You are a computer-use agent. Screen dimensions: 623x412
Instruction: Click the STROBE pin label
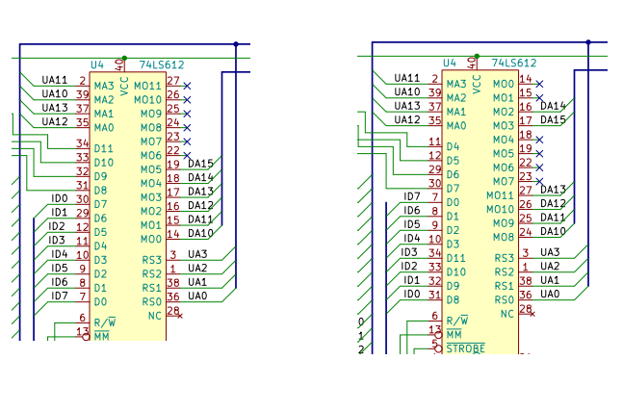(465, 348)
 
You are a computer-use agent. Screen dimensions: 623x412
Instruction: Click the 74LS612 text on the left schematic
(162, 64)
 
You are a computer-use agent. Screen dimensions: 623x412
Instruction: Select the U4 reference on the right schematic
(450, 63)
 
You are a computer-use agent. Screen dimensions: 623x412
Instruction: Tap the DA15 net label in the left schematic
(200, 164)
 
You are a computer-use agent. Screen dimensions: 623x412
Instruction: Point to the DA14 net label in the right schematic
(553, 106)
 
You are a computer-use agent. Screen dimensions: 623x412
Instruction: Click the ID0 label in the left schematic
(60, 198)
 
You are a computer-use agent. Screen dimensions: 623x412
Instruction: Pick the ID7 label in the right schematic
(412, 196)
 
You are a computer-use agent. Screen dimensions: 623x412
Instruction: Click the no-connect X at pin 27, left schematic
(187, 86)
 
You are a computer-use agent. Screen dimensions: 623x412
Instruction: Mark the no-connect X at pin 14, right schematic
(539, 84)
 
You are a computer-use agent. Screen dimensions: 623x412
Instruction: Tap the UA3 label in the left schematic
(197, 254)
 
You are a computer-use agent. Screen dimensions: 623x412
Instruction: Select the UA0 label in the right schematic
(550, 294)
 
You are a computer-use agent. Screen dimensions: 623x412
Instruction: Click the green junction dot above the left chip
(124, 58)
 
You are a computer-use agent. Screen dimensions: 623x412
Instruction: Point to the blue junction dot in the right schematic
(588, 41)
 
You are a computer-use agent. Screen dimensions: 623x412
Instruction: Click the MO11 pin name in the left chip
(147, 86)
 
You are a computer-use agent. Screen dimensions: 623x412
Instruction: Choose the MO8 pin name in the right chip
(504, 237)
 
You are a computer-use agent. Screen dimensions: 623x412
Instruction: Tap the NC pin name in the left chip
(155, 316)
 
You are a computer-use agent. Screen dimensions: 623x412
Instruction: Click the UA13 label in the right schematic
(407, 106)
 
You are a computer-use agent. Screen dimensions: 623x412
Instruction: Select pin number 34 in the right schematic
(434, 252)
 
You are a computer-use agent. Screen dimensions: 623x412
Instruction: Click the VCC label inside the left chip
(124, 87)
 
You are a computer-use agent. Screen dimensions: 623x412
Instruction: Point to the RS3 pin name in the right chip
(505, 258)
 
